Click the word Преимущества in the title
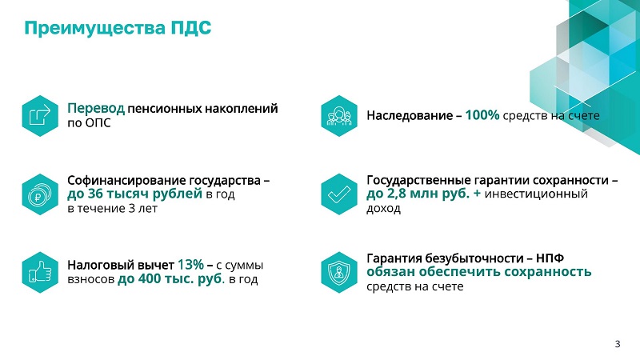pyautogui.click(x=95, y=29)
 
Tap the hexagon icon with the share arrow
pyautogui.click(x=40, y=116)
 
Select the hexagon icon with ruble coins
pyautogui.click(x=40, y=194)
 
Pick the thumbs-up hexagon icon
pyautogui.click(x=40, y=272)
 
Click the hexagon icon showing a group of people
pyautogui.click(x=339, y=116)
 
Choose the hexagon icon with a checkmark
pyautogui.click(x=339, y=194)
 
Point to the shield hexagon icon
pyautogui.click(x=339, y=272)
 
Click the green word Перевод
pyautogui.click(x=96, y=109)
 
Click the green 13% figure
pyautogui.click(x=190, y=265)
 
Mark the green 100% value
pyautogui.click(x=482, y=115)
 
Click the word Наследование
pyautogui.click(x=410, y=116)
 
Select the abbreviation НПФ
pyautogui.click(x=550, y=258)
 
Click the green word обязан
pyautogui.click(x=390, y=272)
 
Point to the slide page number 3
pyautogui.click(x=618, y=344)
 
